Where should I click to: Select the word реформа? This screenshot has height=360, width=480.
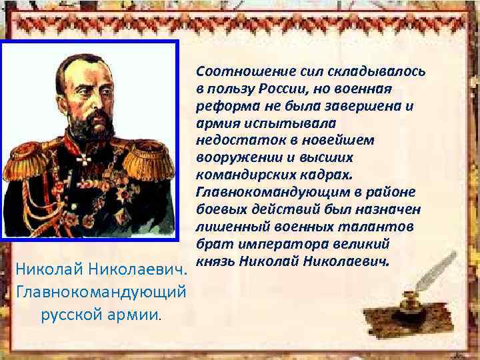point(225,106)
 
